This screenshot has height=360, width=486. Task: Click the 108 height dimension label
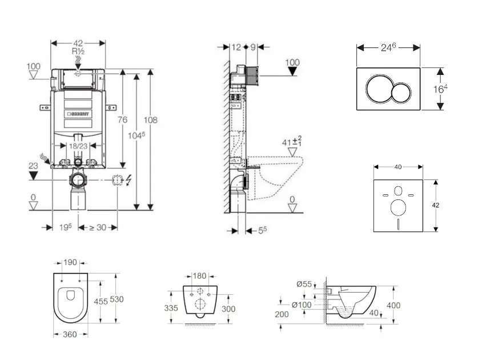point(150,120)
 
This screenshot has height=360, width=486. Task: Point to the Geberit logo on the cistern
point(79,114)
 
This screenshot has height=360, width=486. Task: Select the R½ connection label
point(78,51)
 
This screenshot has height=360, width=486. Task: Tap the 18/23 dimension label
point(78,146)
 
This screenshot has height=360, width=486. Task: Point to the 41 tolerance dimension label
point(291,142)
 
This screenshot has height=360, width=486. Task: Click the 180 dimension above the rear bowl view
point(199,276)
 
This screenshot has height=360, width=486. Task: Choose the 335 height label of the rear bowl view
point(171,308)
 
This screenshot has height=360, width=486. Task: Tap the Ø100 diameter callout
point(302,305)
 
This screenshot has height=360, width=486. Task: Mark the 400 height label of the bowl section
point(394,306)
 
